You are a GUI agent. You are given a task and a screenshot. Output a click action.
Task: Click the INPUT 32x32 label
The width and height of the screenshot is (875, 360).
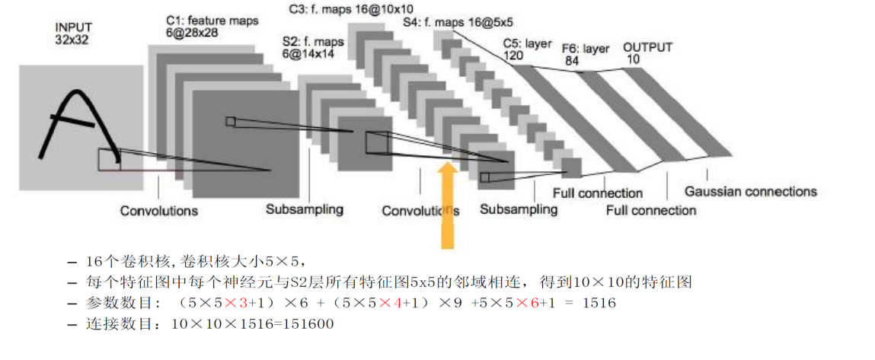click(72, 33)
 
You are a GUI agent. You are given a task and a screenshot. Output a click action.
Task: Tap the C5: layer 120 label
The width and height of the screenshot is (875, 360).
click(526, 50)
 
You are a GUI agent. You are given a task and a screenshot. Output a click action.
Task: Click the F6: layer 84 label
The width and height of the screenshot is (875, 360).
click(586, 54)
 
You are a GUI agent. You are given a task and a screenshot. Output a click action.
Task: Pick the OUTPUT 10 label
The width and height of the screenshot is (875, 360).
click(647, 53)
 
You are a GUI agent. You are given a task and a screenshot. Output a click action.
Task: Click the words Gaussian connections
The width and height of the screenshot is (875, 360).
click(750, 191)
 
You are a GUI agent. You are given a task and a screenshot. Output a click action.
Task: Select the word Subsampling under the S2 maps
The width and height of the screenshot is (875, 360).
click(304, 209)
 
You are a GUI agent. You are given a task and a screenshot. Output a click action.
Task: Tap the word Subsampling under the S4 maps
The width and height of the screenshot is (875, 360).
click(518, 209)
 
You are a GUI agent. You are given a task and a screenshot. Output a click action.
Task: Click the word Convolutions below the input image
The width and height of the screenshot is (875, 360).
click(159, 210)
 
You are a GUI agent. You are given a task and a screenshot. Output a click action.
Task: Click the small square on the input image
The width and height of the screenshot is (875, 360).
click(109, 158)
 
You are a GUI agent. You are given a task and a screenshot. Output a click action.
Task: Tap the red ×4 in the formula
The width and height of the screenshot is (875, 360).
click(390, 303)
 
